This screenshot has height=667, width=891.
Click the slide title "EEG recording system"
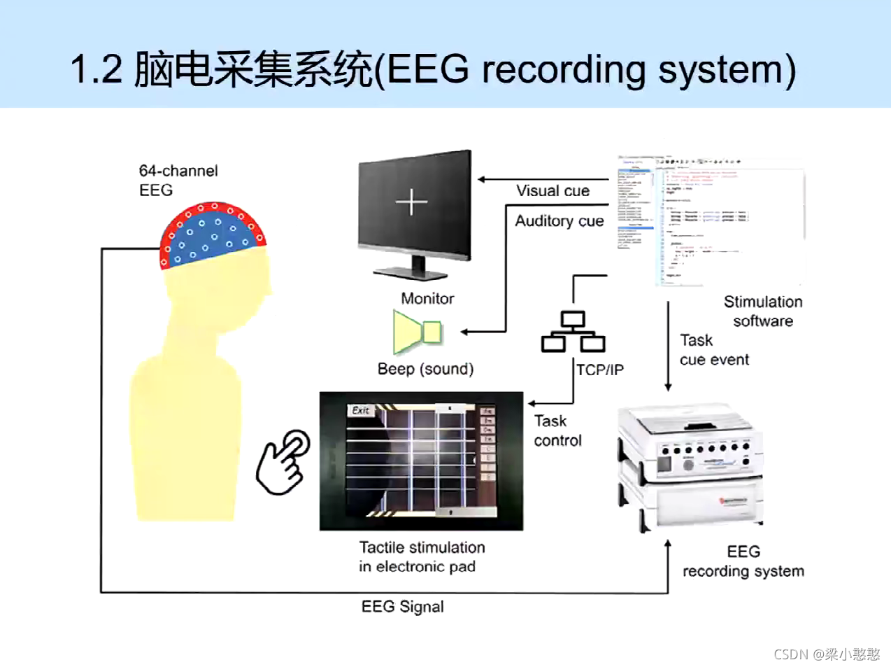(433, 70)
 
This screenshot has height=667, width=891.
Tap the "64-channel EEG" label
(178, 181)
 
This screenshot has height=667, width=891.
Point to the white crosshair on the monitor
(411, 202)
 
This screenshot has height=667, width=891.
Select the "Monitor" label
(427, 299)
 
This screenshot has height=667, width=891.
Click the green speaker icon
(418, 332)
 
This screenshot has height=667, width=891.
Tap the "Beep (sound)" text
(425, 369)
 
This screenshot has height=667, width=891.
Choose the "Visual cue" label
(553, 190)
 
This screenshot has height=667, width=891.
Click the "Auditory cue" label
(559, 221)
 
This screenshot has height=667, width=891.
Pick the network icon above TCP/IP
(573, 332)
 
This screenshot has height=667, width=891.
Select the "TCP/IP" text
(599, 370)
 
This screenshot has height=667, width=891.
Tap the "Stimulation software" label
(762, 311)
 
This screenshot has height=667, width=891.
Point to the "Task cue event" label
(713, 350)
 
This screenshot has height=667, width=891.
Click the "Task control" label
(557, 430)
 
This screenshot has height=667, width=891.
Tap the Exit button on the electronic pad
(360, 411)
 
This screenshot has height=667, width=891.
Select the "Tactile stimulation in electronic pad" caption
(421, 557)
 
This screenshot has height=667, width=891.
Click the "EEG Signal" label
(402, 607)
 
